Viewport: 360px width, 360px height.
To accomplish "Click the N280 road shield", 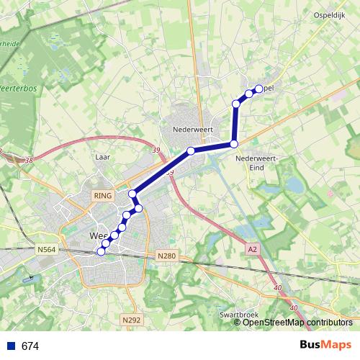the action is [x=165, y=256].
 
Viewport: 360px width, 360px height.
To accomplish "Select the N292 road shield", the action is [x=130, y=320].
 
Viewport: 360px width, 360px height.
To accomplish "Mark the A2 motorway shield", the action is [x=251, y=248].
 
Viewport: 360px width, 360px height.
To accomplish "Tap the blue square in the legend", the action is [x=10, y=346].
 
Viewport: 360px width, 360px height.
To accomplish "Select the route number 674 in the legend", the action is [x=30, y=346].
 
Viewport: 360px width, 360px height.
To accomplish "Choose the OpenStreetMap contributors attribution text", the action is [x=297, y=322].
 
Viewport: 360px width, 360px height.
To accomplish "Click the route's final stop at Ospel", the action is [x=258, y=89].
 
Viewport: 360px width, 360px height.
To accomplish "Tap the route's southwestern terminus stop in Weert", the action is [x=101, y=251].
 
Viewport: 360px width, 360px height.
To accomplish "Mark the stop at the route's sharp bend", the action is [x=234, y=145].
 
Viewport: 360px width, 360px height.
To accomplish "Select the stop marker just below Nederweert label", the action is [x=191, y=150].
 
